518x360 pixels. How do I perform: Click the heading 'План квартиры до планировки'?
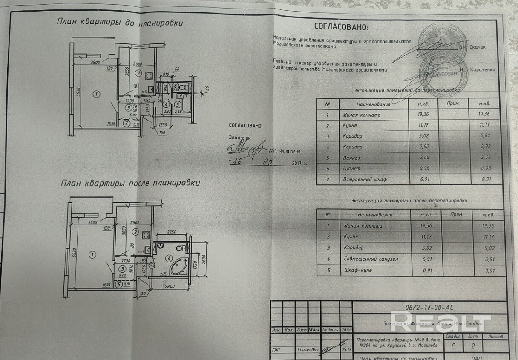point(120,23)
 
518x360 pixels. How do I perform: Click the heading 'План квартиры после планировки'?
point(130,183)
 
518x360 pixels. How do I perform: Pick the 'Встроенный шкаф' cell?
point(365,179)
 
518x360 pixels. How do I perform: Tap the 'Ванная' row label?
point(352,158)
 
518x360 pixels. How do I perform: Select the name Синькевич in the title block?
point(297,350)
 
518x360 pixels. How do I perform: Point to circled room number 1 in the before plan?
point(96,94)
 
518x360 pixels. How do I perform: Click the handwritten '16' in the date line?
point(236,162)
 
